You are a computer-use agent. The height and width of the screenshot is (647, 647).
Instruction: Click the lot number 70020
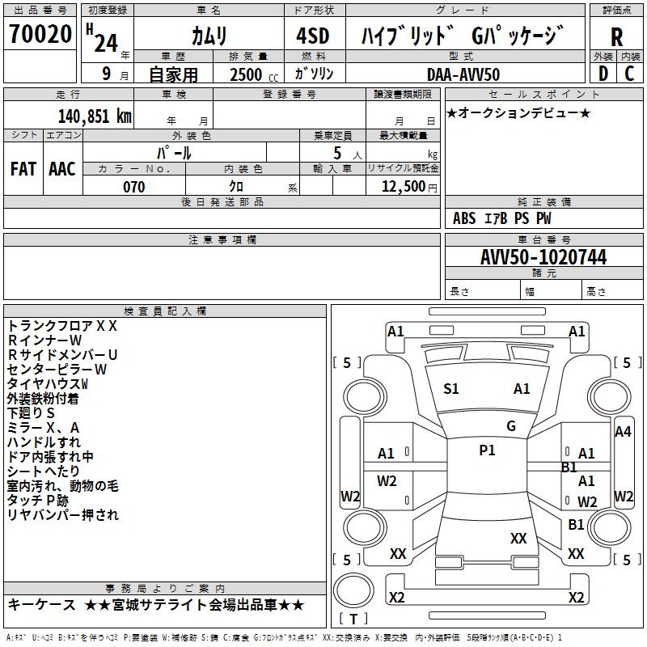tap(40, 35)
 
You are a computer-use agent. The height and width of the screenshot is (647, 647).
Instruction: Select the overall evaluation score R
tap(616, 37)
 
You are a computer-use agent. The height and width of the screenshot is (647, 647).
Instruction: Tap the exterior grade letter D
tap(603, 73)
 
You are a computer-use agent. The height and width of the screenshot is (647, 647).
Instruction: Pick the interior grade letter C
tap(629, 73)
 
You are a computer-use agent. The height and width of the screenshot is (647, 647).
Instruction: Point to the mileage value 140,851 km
tap(95, 116)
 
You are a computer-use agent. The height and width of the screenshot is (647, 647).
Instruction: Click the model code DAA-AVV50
tap(463, 74)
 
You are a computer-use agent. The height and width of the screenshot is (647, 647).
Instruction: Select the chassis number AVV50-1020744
tap(543, 257)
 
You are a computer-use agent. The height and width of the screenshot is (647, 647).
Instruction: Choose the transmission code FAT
tap(23, 169)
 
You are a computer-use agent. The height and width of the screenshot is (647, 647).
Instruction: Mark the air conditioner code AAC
tap(62, 169)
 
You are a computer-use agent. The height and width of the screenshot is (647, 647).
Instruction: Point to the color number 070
tap(133, 187)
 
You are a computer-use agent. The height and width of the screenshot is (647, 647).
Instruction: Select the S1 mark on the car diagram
tap(451, 389)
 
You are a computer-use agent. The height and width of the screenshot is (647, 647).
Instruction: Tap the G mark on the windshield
tap(511, 425)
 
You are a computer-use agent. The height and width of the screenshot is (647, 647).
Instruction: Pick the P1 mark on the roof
tap(487, 450)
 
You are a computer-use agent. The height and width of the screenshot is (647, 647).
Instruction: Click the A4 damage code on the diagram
tap(623, 432)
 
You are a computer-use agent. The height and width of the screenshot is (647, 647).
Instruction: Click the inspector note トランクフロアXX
tap(62, 325)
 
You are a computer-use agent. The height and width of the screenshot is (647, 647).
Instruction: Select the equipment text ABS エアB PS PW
tap(502, 218)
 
